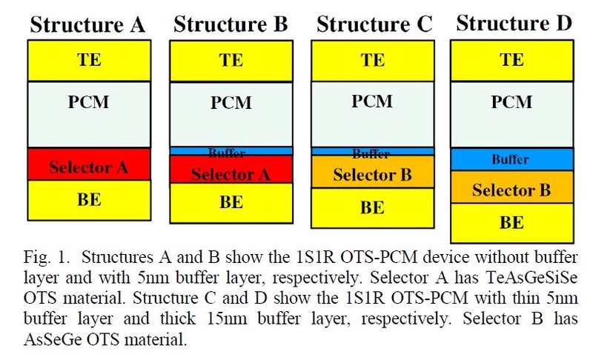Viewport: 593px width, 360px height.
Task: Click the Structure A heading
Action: coord(88,26)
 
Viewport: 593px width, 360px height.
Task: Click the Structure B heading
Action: coord(231,24)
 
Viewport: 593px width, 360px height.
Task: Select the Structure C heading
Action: coord(374,24)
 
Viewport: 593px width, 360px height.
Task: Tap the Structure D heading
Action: coord(514,23)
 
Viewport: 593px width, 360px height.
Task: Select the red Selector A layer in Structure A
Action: coord(88,166)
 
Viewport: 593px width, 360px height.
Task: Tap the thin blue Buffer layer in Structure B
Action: coord(231,151)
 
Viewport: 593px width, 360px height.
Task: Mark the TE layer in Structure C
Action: coord(372,61)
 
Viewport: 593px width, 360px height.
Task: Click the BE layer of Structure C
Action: coord(372,207)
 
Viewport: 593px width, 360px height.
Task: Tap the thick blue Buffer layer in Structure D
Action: coord(511,159)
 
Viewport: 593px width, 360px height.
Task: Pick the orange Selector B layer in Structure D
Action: coord(511,190)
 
